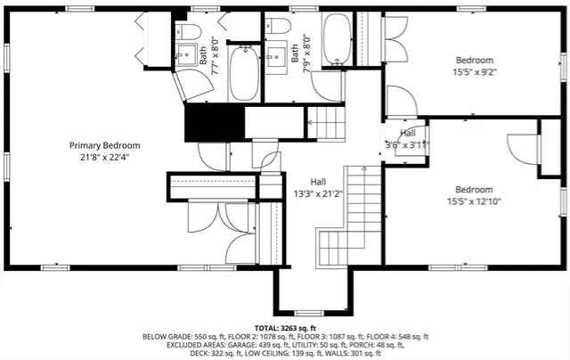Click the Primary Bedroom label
106,145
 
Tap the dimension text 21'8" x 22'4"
106,158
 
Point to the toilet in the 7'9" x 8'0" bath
277,26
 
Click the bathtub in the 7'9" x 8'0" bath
337,40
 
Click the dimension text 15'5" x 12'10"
474,201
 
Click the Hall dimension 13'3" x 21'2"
318,192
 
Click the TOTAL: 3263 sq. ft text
285,328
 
